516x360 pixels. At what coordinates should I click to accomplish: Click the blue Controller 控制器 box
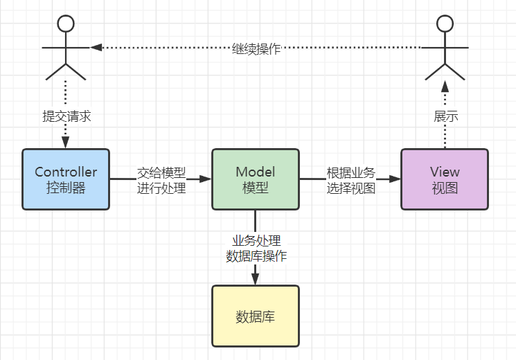coord(66,179)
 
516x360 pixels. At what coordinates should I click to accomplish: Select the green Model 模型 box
coord(255,179)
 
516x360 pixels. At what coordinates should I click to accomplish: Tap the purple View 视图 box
coord(445,179)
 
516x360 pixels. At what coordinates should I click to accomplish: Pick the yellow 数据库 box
coord(255,316)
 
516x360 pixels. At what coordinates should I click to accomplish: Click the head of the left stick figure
coord(66,24)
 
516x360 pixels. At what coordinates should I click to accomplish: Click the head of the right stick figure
coord(445,24)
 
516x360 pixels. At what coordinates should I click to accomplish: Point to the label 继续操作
coord(256,49)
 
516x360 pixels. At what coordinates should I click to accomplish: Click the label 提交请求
coord(66,117)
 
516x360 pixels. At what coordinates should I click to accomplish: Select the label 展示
coord(445,117)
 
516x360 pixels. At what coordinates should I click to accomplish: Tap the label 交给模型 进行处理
coord(161,179)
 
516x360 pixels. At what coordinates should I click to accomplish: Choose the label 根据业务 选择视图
coord(351,179)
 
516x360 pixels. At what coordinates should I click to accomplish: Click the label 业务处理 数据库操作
coord(256,248)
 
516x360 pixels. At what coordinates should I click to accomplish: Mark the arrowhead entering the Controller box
coord(66,143)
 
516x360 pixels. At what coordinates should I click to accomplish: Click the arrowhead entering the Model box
coord(205,179)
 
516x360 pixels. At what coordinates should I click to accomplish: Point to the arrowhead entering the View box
coord(395,179)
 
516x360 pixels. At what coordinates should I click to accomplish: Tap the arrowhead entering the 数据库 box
coord(255,279)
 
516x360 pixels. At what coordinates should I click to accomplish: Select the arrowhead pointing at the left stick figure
coord(96,48)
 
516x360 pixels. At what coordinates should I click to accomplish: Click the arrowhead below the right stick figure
coord(445,86)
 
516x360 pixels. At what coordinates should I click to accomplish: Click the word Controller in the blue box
coord(66,172)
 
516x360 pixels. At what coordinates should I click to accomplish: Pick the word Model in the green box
coord(255,172)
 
